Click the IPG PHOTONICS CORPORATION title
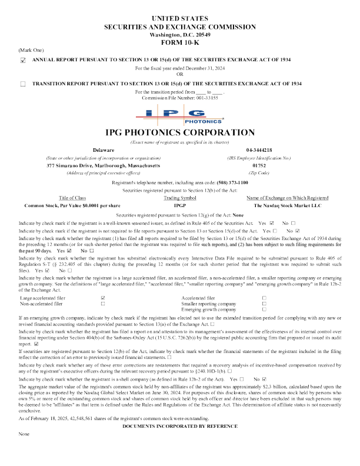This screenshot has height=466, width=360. click(x=180, y=133)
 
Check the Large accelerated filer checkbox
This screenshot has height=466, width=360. click(x=103, y=298)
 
